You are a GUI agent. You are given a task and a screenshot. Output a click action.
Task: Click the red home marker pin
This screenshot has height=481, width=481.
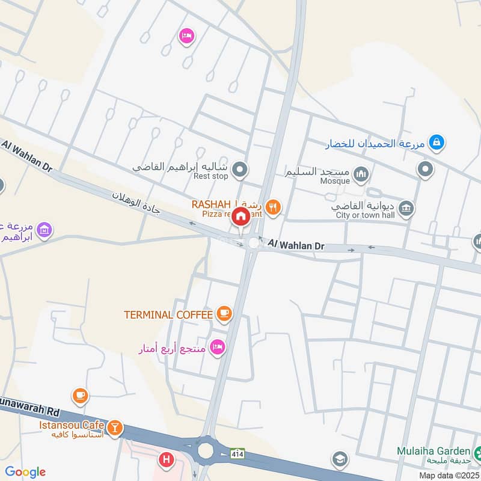(x=241, y=216)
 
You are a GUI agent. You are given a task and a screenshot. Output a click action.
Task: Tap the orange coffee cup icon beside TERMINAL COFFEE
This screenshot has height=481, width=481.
(x=224, y=313)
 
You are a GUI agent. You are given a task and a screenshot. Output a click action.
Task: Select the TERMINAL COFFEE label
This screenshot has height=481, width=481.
(x=168, y=314)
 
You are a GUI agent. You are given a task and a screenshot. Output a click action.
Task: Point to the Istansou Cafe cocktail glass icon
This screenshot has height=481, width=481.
(x=114, y=428)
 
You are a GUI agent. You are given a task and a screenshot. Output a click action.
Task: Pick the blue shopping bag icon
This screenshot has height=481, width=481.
(x=437, y=142)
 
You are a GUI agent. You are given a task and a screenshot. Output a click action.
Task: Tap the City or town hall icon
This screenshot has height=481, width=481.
(x=407, y=208)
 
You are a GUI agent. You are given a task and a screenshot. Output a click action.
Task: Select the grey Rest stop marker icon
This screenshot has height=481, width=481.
(x=240, y=170)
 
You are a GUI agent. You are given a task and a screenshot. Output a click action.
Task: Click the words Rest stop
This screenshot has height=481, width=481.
(x=211, y=177)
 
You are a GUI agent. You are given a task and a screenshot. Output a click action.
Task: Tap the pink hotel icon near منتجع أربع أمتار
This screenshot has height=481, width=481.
(x=218, y=347)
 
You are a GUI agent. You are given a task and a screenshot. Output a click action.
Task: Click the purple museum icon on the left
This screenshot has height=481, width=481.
(x=44, y=229)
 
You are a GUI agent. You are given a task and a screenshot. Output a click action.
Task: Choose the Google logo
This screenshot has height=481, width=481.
(x=25, y=472)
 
